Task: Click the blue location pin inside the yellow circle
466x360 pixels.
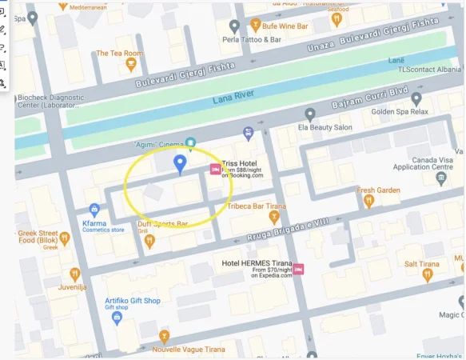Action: pyautogui.click(x=180, y=164)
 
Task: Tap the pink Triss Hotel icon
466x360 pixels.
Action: pyautogui.click(x=214, y=169)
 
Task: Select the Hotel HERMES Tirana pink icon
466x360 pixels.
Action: pyautogui.click(x=298, y=269)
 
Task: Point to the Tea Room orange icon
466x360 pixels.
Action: pyautogui.click(x=120, y=67)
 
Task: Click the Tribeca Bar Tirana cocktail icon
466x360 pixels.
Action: pyautogui.click(x=274, y=215)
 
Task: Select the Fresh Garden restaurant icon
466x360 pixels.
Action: pyautogui.click(x=368, y=201)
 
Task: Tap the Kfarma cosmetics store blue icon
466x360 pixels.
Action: pyautogui.click(x=94, y=210)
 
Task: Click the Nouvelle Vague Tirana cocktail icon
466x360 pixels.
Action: pyautogui.click(x=164, y=335)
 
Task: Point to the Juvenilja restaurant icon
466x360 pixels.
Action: pyautogui.click(x=74, y=274)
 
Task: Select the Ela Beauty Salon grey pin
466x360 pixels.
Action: pyautogui.click(x=310, y=114)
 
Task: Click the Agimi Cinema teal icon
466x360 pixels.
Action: pyautogui.click(x=190, y=144)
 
